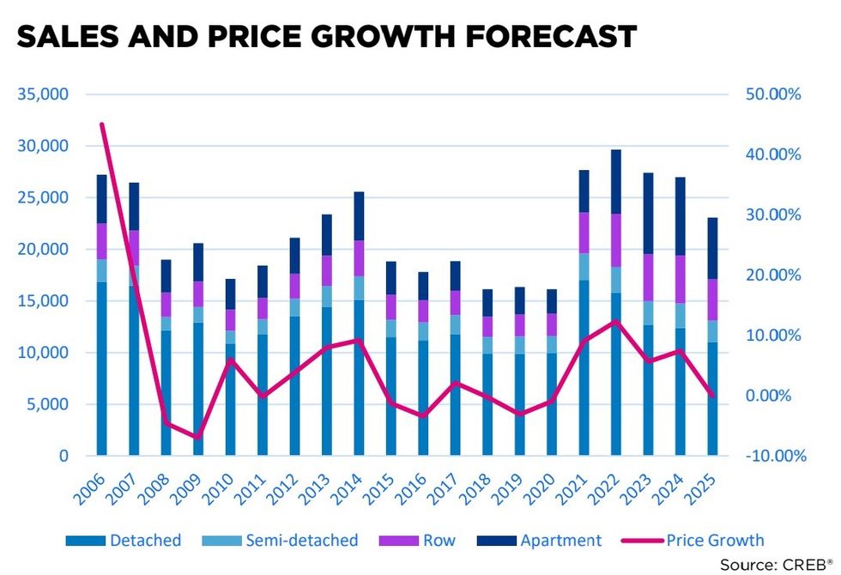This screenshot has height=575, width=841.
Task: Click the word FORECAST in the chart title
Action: pos(540,36)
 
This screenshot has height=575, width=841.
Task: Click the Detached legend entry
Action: pos(144,540)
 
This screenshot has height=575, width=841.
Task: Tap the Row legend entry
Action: pos(438,540)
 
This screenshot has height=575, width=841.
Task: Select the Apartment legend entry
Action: pos(560,540)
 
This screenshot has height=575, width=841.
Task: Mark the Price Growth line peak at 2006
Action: pos(102,124)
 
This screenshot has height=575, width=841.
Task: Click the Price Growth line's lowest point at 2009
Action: pos(198,438)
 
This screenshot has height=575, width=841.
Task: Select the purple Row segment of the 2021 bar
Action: pos(584,233)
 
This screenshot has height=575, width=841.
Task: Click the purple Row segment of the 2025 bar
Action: pos(713,300)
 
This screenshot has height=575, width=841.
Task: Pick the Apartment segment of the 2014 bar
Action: pos(359,215)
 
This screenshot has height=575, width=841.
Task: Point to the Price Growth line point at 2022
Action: pos(616,322)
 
